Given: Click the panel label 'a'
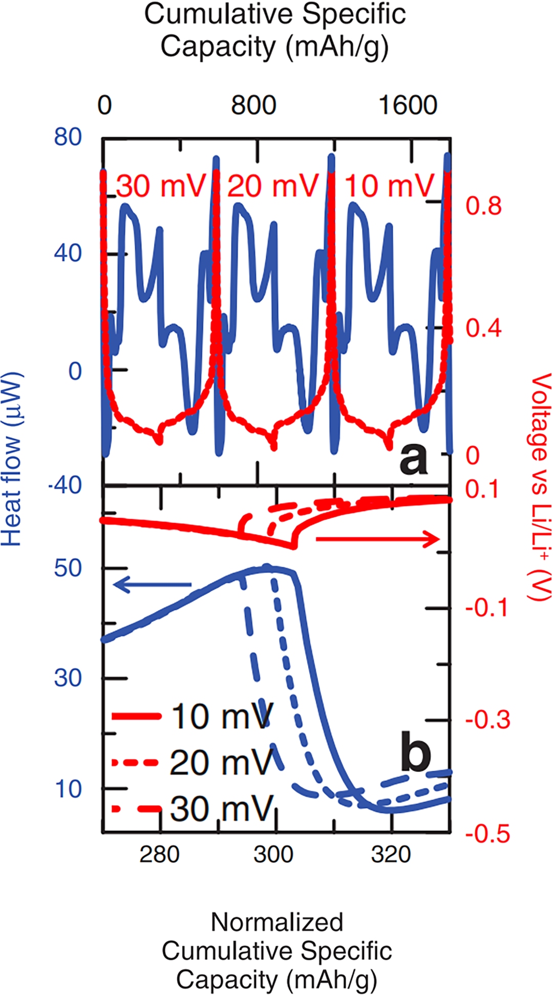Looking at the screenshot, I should [413, 459].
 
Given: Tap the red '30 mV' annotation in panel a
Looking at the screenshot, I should [161, 186].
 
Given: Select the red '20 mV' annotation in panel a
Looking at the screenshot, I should [273, 186].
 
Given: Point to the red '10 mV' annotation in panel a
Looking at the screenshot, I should [389, 186].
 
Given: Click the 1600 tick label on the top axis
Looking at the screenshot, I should [408, 105].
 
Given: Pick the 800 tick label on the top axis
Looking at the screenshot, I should [253, 105].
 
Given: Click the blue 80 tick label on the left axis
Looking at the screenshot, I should [68, 137].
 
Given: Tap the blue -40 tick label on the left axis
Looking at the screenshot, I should [66, 484].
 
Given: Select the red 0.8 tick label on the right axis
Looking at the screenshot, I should [483, 206].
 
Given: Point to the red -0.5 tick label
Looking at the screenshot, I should [488, 834].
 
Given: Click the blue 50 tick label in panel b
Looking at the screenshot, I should [68, 568].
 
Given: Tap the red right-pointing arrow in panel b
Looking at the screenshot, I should [377, 539].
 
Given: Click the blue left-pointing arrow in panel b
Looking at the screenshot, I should [152, 584].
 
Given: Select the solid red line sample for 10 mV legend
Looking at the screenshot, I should [136, 716].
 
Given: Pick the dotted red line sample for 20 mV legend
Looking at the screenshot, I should [136, 763].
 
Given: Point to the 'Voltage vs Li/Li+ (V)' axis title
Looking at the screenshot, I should [540, 486].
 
